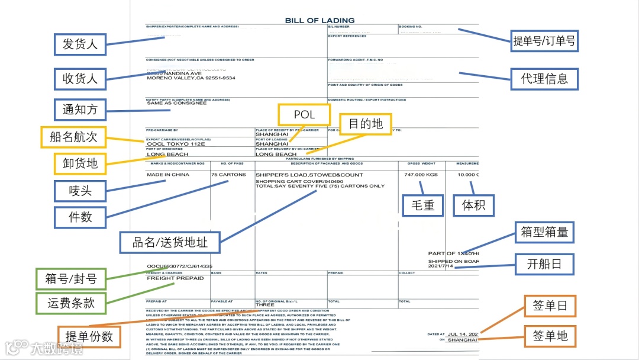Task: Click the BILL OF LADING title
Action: pos(319,20)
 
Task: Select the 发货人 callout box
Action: pos(80,43)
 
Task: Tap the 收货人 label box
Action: pos(80,78)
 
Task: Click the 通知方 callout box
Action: pos(80,110)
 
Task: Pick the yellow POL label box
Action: pos(304,114)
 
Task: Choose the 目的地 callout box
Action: pos(365,124)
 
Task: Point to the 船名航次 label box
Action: pos(73,137)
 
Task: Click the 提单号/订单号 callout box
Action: pos(544,41)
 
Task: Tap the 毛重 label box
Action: pos(422,205)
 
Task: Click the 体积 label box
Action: pos(473,205)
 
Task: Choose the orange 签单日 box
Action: pos(550,306)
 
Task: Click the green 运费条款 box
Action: pos(71,304)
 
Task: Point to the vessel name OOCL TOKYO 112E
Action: pos(176,144)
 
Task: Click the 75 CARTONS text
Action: pos(228,175)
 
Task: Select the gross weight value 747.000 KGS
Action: pos(421,175)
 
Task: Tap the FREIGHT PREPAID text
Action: pos(175,278)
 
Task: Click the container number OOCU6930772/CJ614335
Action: pos(179,266)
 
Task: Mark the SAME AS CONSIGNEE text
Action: pos(176,103)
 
